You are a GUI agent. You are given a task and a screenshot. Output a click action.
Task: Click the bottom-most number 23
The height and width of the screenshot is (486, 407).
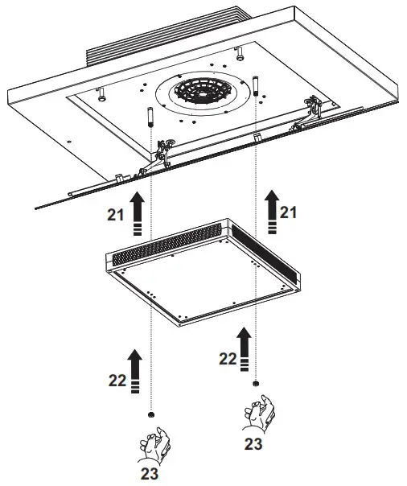[x=147, y=474]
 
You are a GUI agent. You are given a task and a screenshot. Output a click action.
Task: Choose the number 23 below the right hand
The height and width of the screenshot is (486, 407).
[x=252, y=442]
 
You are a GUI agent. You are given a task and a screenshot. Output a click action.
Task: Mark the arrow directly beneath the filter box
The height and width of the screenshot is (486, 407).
[x=244, y=346]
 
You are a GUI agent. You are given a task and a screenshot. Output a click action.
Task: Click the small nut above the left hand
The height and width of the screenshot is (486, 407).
[x=151, y=414]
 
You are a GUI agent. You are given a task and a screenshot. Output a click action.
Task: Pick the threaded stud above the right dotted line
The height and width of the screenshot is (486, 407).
[x=255, y=85]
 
